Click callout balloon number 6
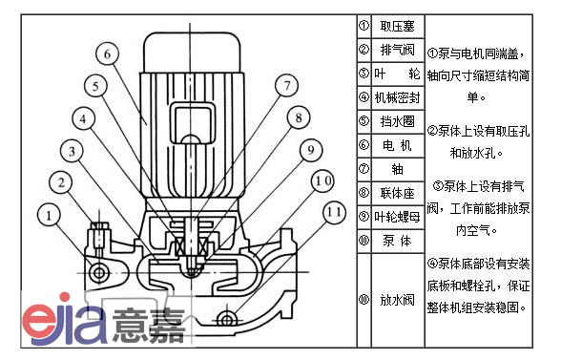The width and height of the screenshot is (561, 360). pos(107,53)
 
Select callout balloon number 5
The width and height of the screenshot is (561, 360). pos(95,86)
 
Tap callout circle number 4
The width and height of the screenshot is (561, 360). pos(83,118)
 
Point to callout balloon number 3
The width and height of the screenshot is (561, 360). pos(72,151)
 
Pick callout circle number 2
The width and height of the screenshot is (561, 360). pos(61,182)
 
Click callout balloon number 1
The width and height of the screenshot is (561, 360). pos(49,215)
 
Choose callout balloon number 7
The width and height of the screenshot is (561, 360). pos(286,85)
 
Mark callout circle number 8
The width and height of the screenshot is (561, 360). pos(299,117)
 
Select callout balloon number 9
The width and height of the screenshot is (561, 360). pos(311,150)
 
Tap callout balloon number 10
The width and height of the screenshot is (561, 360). pos(322,181)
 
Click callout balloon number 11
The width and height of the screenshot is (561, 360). pos(335,212)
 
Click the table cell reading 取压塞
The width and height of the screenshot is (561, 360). pos(398,26)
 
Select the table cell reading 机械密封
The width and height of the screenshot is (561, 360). pos(398,97)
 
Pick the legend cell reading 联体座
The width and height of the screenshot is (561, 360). pos(398,193)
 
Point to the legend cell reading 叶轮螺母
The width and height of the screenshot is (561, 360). pos(398,217)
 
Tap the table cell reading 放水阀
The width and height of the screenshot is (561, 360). pos(398,300)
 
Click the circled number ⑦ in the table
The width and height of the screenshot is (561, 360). pos(364,169)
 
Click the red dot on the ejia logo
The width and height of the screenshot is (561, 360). pos(65,297)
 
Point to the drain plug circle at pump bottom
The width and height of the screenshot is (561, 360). pos(226,320)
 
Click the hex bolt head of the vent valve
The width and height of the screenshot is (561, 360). pos(99,226)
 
